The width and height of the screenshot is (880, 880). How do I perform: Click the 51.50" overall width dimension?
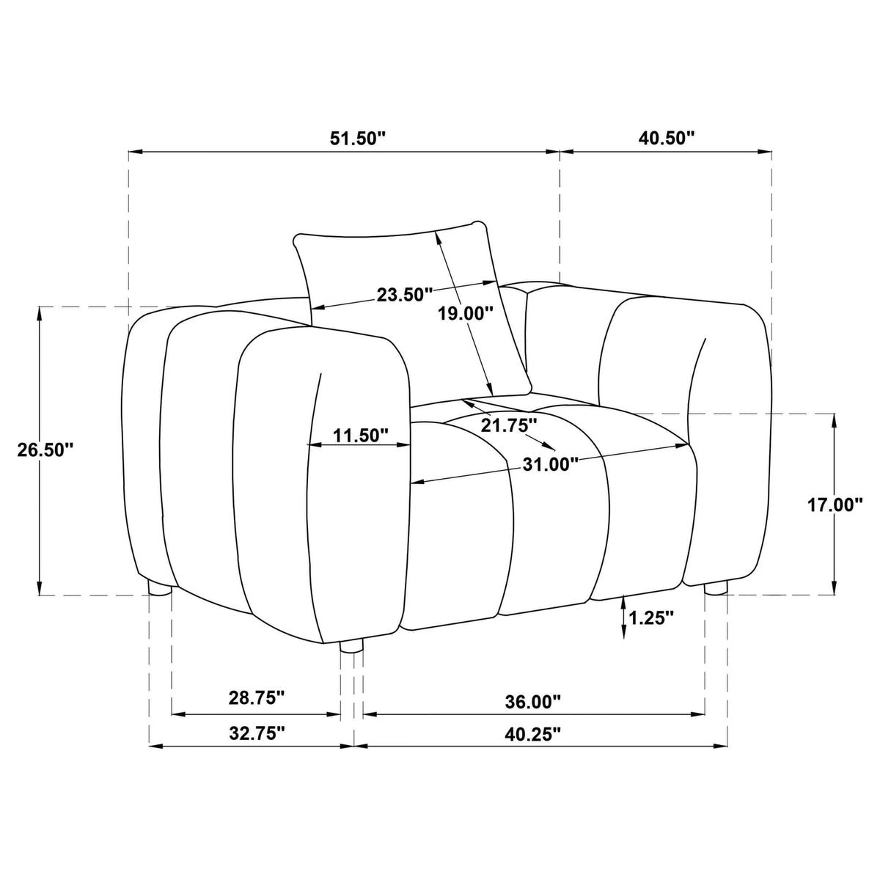[x=358, y=139]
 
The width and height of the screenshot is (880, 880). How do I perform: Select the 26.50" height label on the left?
[x=45, y=450]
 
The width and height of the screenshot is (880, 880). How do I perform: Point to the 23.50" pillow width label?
[x=405, y=295]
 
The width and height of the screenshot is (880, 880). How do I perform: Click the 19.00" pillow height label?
[x=466, y=313]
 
